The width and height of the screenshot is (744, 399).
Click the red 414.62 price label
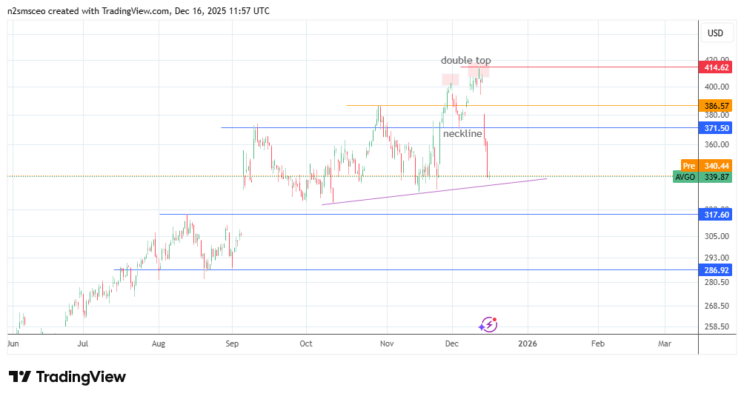coord(715,67)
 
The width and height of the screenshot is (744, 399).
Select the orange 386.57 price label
coord(715,106)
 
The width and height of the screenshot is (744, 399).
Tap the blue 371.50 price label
coord(715,128)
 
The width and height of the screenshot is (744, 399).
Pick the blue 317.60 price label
coord(715,215)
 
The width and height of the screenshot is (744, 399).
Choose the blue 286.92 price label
coord(715,270)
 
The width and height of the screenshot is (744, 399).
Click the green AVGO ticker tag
coord(685,177)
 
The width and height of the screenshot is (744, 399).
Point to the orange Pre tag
coord(689,165)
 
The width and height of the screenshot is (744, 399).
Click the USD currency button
coord(715,33)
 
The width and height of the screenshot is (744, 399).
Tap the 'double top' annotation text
coord(465,61)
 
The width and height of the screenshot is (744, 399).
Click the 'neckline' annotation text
coord(462,134)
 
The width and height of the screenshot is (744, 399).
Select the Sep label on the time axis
coord(231,343)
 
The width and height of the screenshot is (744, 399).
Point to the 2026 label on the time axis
coord(527,343)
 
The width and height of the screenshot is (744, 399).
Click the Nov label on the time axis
coord(385,343)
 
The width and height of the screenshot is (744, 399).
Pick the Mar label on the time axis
coord(665,343)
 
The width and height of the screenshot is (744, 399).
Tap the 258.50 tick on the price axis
coord(715,326)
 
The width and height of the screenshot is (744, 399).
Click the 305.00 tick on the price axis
coord(715,236)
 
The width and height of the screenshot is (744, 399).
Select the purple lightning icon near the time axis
coord(488,324)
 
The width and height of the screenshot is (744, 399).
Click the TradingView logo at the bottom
coord(67,377)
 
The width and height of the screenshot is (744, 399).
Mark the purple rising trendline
coord(434,191)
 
